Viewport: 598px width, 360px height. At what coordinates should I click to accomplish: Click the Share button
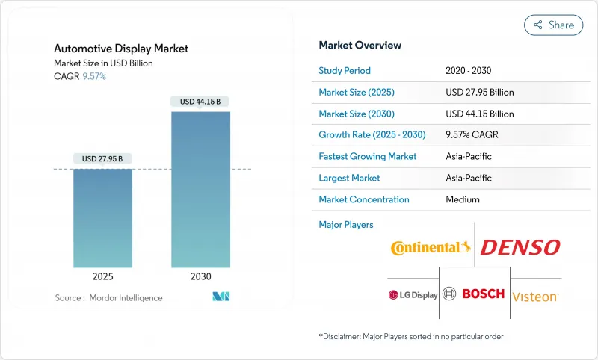point(554,25)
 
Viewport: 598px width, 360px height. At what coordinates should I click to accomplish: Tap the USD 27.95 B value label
point(102,158)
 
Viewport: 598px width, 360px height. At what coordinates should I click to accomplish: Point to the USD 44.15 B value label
point(200,102)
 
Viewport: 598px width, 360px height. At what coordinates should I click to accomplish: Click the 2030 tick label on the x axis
point(200,276)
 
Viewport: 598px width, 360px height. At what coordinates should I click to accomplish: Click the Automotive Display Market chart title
point(121,49)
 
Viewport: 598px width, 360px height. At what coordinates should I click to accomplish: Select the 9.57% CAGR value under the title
point(93,77)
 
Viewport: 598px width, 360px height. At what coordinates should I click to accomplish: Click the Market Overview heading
point(360,46)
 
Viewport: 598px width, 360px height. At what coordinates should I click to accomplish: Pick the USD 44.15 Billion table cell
point(479,114)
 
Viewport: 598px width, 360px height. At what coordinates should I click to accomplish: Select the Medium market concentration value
point(462,199)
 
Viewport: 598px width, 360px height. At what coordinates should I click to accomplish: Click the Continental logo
point(431,247)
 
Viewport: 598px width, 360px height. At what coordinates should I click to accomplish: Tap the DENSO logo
point(520,247)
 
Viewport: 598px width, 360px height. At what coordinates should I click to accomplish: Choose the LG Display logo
point(413,295)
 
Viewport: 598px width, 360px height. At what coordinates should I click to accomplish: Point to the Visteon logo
point(534,296)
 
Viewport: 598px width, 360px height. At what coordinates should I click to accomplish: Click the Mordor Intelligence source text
point(108,298)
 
